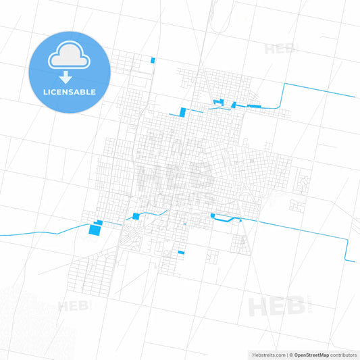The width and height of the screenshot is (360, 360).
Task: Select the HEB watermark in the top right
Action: tap(280, 49)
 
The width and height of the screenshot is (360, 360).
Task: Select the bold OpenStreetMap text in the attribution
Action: tap(311, 355)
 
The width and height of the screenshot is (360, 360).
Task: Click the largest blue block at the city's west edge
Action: tap(93, 231)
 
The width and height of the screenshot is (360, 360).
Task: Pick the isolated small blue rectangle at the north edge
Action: tap(153, 60)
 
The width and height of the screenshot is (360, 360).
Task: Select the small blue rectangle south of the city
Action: tap(181, 253)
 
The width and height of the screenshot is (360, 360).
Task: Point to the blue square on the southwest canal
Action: tap(136, 216)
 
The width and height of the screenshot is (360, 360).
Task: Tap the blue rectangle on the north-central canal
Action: tap(182, 111)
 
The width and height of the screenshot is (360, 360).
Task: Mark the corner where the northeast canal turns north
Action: tap(284, 84)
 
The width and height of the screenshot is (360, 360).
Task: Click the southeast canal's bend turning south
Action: tap(347, 239)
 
